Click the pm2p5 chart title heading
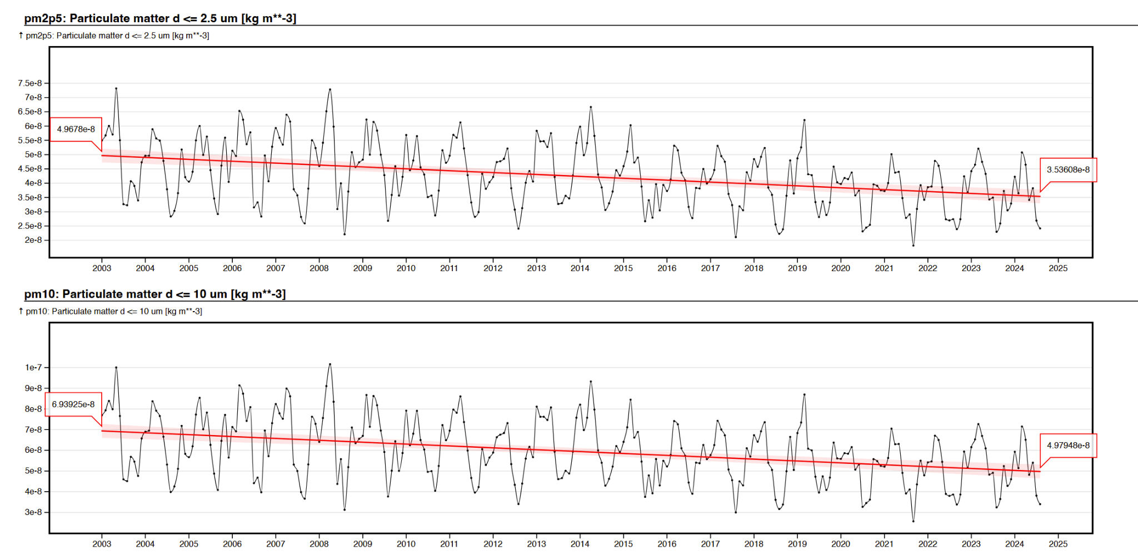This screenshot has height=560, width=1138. [160, 18]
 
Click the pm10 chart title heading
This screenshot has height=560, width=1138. [154, 294]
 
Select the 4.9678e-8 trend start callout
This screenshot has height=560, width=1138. [76, 129]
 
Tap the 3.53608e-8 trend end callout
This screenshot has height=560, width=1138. [1068, 170]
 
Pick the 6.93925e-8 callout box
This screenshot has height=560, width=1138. [73, 404]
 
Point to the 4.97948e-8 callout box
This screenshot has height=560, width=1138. [1068, 446]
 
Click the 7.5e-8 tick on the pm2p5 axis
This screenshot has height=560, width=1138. [30, 83]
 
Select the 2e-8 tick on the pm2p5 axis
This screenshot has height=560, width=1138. [33, 240]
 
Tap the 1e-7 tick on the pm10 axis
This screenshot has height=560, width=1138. [33, 368]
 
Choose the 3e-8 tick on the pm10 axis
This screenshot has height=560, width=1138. [33, 512]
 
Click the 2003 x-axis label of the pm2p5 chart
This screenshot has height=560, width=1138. [102, 268]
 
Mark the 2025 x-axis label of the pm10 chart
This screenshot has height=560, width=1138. [1058, 544]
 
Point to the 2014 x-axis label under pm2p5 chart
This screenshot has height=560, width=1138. [580, 268]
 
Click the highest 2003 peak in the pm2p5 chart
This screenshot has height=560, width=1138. [116, 88]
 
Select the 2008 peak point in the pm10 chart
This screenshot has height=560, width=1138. [330, 364]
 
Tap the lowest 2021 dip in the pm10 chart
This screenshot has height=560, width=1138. [913, 521]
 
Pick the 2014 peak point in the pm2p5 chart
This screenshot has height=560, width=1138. [591, 107]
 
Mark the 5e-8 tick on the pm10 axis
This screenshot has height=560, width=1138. [33, 471]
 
